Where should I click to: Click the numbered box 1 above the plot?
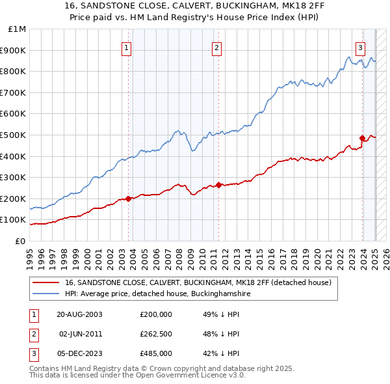(x=126, y=47)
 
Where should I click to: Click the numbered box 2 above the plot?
(x=216, y=47)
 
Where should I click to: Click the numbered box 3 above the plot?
(x=360, y=47)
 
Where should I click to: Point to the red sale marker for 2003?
(x=129, y=199)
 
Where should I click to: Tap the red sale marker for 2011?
(x=218, y=185)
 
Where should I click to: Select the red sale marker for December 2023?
(x=362, y=138)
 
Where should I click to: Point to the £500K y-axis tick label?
(x=14, y=135)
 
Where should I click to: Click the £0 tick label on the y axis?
(x=20, y=241)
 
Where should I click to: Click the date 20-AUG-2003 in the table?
(x=79, y=314)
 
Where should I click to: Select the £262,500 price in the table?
(x=156, y=334)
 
